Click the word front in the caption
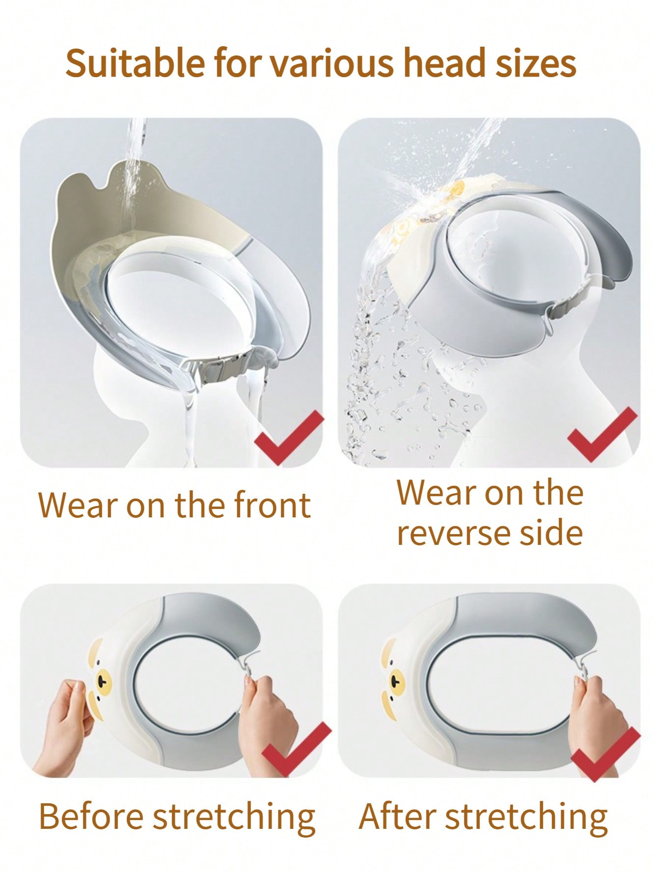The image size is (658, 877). click(x=272, y=505)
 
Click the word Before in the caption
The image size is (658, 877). click(x=91, y=817)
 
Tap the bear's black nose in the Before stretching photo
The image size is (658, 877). click(x=102, y=682)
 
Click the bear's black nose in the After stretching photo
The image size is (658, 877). click(x=394, y=681)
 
